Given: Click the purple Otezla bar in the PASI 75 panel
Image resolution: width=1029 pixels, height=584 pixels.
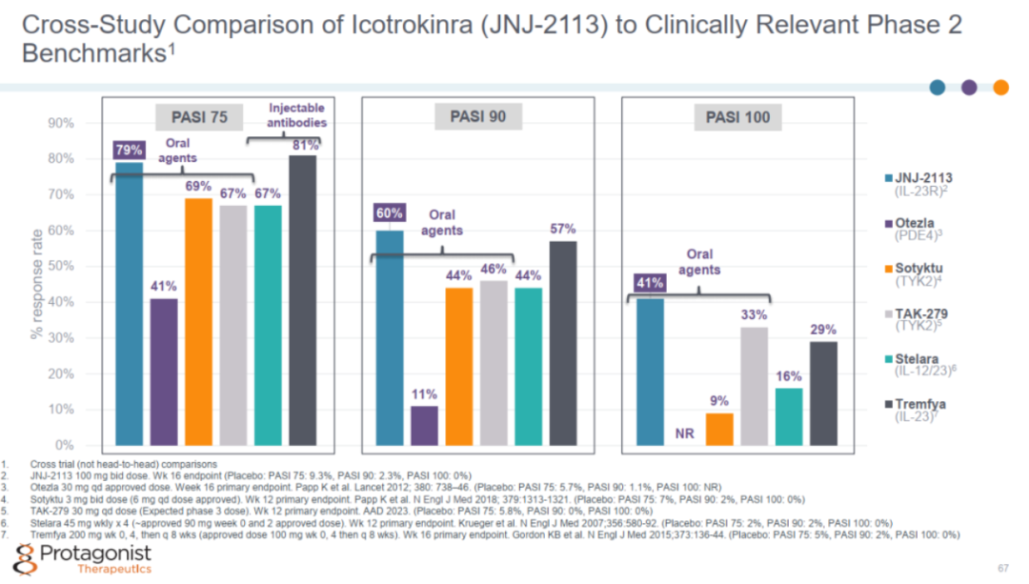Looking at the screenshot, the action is coord(164,373).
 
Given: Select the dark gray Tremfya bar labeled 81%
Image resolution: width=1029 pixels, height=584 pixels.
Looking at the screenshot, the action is coord(303,300).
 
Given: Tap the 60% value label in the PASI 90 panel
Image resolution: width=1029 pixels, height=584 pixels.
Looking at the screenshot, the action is coord(389,213).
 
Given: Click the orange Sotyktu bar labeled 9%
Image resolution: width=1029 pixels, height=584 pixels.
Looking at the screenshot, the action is coord(719,429).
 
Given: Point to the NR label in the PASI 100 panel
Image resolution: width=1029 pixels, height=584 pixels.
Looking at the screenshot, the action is coord(684,433).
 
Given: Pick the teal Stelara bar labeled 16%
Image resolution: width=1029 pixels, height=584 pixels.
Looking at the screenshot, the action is coord(789,416).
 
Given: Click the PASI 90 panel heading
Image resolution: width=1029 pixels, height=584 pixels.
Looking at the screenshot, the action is coord(477,117).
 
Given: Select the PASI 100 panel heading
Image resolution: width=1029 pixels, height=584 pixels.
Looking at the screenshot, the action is coord(737,117).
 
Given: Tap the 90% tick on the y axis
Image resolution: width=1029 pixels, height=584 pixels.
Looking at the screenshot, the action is coord(60,123).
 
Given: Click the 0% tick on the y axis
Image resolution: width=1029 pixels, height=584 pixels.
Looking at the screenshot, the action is coord(65,446).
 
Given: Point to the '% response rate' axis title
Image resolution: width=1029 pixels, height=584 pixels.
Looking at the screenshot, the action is coord(37,284).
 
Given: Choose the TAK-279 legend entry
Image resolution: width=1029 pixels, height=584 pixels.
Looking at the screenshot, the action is coord(917,319).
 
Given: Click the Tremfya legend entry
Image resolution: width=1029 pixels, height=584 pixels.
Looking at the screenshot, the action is coord(916,410).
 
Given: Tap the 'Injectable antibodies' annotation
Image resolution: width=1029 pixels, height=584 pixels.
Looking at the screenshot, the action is coord(296,115).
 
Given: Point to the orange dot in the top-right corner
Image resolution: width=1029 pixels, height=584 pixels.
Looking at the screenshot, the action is coord(1000,88).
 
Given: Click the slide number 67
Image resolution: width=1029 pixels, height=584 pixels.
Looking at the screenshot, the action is coord(1003,568).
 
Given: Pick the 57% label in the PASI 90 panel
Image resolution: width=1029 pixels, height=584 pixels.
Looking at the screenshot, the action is coord(563,229).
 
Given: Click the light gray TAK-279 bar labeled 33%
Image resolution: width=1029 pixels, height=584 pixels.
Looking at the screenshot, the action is coord(754,387).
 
